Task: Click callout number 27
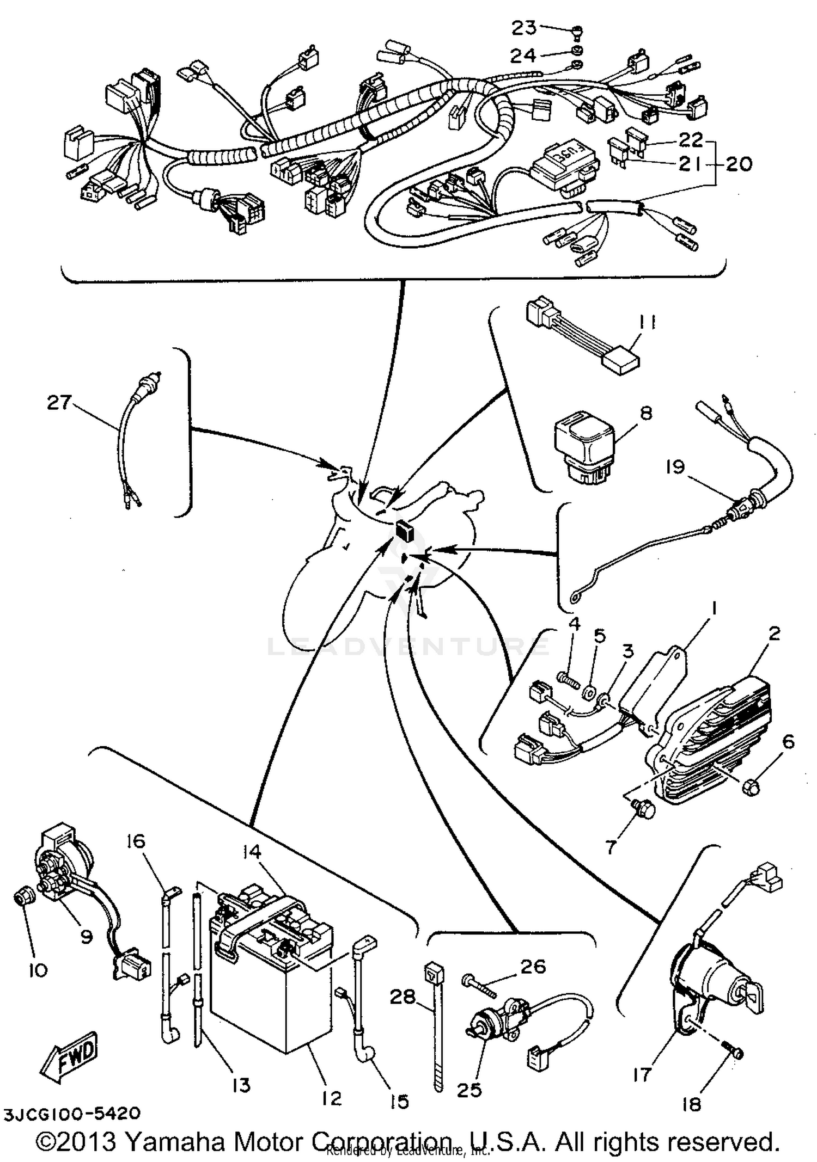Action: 58,403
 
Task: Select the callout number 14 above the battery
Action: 252,852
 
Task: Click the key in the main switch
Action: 753,995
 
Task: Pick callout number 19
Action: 675,467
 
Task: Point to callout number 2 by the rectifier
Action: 774,634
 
